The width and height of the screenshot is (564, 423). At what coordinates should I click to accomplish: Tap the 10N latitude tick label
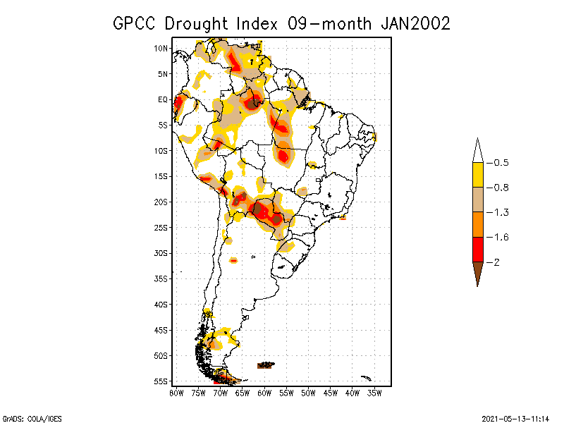coord(161,48)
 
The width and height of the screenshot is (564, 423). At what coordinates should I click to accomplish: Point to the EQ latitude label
coord(162,99)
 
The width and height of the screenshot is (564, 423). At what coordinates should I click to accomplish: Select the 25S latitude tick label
coord(161,227)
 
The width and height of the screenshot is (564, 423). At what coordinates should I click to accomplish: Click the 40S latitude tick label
coord(161,304)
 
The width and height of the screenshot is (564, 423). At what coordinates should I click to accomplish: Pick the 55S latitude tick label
coord(161,381)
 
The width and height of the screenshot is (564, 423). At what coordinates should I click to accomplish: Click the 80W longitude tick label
coord(176,392)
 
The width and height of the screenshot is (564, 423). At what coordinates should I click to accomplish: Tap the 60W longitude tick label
coord(264,392)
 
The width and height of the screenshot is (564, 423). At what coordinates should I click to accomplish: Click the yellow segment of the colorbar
coord(477,175)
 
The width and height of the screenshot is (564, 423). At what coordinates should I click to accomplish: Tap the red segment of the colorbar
coord(477,249)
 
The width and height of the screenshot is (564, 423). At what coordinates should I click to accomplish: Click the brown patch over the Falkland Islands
coord(266,364)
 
